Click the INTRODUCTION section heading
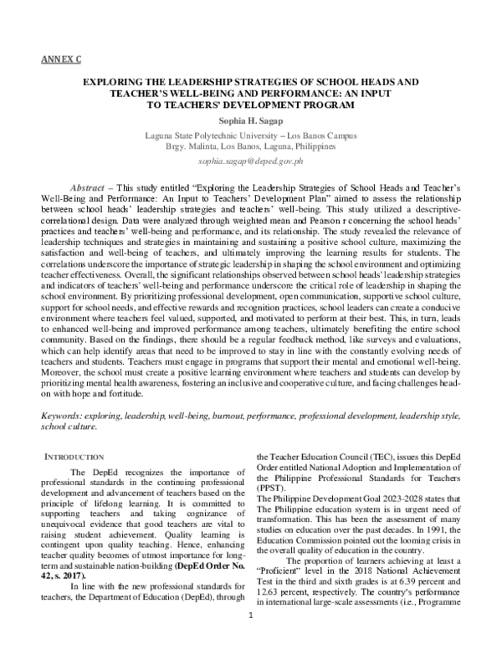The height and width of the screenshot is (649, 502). pos(71,456)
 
